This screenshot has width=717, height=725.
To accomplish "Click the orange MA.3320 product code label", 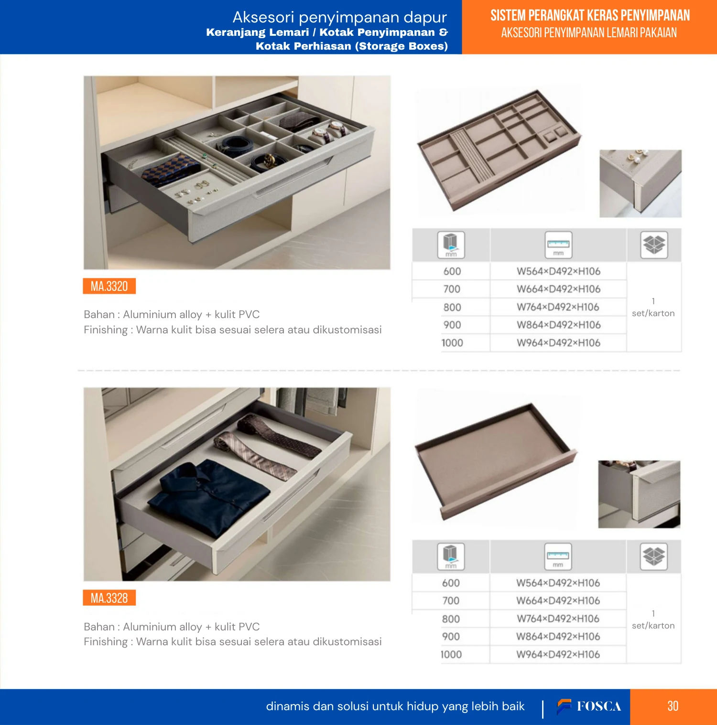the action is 109,286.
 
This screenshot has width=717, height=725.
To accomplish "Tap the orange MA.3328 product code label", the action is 109,598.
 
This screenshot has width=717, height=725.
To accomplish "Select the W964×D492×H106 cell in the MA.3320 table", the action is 558,343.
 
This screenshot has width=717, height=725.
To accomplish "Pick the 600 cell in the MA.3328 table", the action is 451,583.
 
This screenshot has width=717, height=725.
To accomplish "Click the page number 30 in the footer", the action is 673,706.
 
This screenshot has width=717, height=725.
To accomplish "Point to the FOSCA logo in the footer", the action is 589,706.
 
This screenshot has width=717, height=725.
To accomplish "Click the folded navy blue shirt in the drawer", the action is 209,495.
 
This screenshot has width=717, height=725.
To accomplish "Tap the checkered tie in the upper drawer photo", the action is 171,169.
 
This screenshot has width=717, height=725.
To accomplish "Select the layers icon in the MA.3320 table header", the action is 654,245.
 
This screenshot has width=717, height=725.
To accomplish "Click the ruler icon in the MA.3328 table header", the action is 558,556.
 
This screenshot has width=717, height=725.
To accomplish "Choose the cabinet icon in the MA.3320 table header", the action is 451,245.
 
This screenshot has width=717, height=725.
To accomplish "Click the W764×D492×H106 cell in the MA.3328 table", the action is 558,619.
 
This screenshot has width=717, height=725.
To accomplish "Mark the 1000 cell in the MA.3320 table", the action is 452,343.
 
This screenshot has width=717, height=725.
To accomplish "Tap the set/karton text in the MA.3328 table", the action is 653,626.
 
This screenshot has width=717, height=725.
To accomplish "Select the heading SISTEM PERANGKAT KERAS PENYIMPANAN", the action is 590,16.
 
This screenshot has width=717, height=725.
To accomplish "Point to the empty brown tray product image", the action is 496,460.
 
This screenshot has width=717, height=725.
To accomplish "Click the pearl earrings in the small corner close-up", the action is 633,156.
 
